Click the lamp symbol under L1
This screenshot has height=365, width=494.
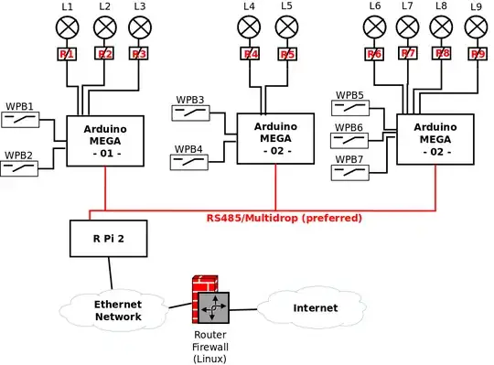coord(68,27)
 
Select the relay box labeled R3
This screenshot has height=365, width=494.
coord(139,54)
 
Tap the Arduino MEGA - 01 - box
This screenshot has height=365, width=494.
coord(106,141)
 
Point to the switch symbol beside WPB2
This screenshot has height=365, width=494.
coord(20,169)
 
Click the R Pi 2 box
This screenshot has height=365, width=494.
coord(109,239)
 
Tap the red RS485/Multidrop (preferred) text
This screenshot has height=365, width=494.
coord(284,219)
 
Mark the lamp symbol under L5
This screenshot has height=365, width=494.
coord(286,27)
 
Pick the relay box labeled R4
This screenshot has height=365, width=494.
coord(251,54)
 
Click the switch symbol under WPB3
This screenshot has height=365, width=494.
coord(190,113)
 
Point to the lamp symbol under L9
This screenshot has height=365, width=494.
coord(476,27)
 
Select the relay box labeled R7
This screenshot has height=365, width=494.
coord(408,53)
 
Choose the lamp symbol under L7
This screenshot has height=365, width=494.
coord(408,27)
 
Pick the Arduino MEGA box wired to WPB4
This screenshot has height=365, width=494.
coord(275,139)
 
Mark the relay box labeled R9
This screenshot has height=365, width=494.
coord(476,54)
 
